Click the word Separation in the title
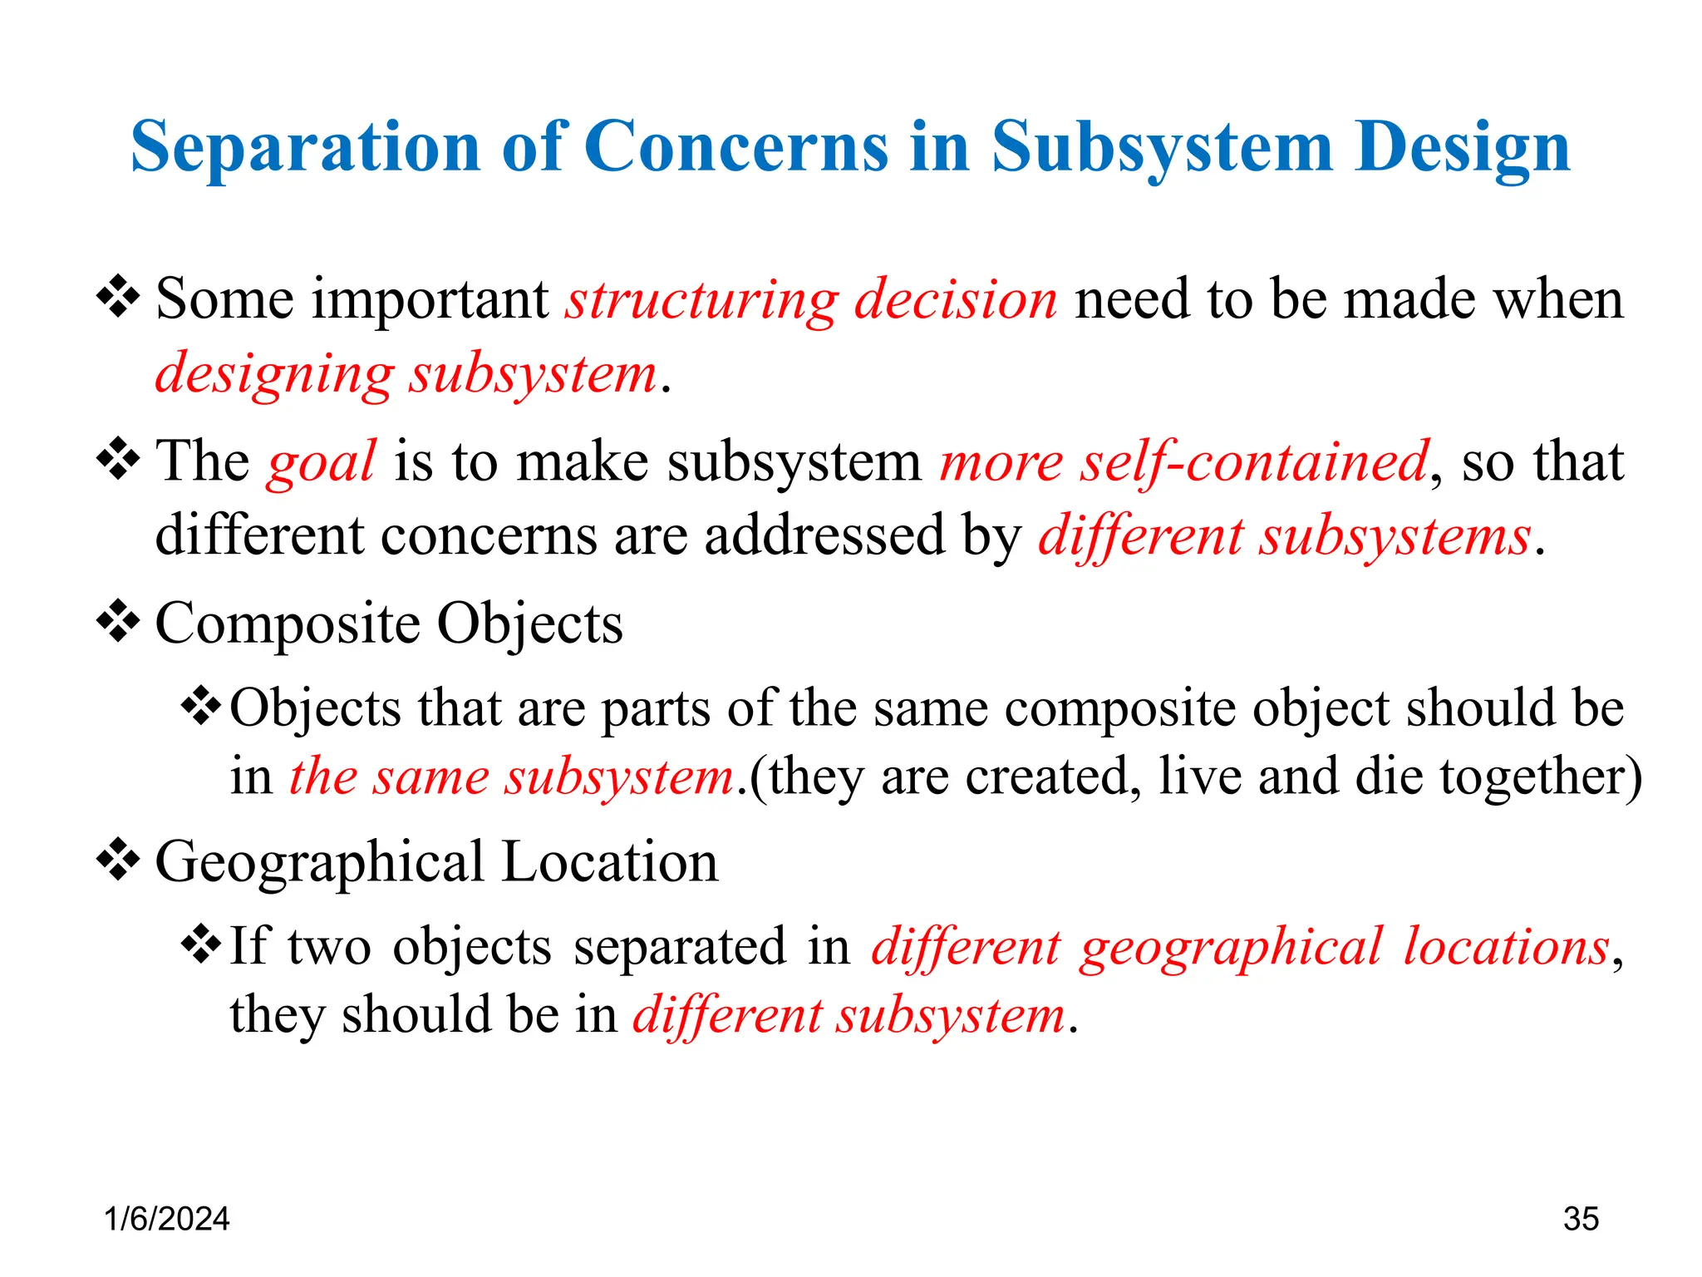tap(306, 148)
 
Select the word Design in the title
tap(1462, 148)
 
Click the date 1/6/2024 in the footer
tap(166, 1219)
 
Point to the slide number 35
tap(1581, 1219)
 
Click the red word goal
tap(322, 462)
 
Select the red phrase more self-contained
tap(1184, 462)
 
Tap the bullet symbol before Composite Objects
tap(118, 622)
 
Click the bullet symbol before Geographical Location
tap(118, 860)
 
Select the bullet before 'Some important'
tap(118, 298)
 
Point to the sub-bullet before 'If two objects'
tap(201, 944)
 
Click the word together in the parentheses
tap(1534, 777)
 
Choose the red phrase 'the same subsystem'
tap(512, 777)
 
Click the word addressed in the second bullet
tap(824, 535)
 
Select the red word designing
tap(274, 374)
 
